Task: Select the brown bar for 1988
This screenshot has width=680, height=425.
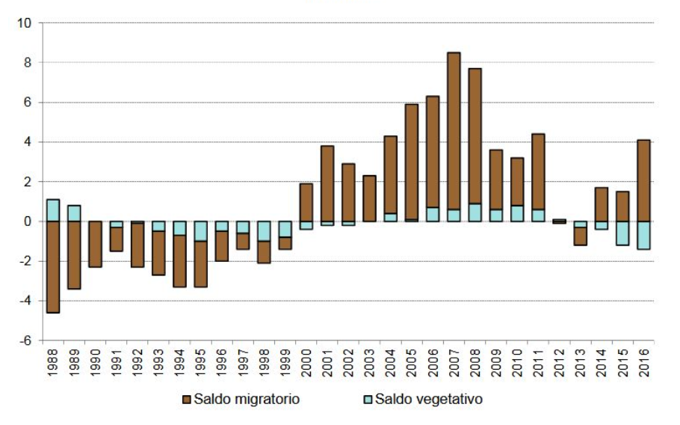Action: tap(53, 266)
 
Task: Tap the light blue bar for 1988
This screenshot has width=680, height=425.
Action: tap(53, 210)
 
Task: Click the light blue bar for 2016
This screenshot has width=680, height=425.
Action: tap(643, 235)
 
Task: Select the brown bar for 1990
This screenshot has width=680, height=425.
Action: tap(95, 244)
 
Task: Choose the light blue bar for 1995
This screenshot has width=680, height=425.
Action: tap(200, 231)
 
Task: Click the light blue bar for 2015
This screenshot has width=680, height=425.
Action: tap(622, 233)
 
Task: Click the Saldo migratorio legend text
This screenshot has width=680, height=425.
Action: tap(247, 400)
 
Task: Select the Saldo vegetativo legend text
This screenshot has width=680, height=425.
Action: tap(429, 400)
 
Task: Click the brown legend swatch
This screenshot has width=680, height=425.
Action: tap(186, 400)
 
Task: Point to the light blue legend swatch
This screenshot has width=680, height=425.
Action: tap(368, 400)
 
